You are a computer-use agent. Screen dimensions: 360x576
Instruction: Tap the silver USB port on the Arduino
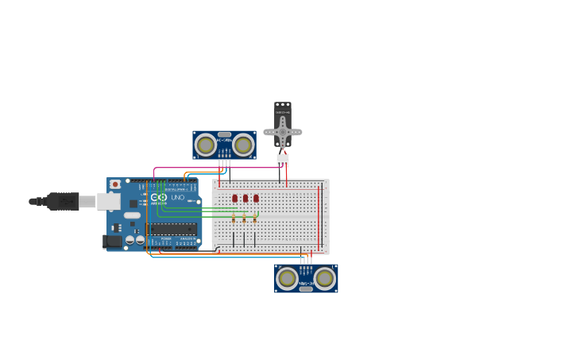109,201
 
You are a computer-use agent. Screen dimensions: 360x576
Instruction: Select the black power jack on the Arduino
112,240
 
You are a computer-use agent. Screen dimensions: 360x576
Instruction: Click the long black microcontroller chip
172,229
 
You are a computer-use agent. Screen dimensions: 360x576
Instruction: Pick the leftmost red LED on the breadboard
234,198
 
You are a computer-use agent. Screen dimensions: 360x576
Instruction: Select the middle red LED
245,198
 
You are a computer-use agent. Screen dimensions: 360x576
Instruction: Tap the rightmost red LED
256,198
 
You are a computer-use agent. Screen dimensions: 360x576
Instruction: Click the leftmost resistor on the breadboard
234,217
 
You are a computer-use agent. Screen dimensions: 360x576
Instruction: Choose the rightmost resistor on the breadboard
255,217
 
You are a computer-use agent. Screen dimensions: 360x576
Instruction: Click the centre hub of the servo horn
282,132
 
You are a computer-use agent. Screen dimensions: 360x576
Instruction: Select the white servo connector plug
282,160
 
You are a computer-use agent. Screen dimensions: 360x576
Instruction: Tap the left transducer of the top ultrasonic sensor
206,145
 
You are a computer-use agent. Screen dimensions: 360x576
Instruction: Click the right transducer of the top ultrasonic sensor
243,145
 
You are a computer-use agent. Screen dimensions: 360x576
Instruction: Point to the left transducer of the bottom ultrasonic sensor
287,278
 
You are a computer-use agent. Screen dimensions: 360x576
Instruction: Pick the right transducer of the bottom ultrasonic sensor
324,278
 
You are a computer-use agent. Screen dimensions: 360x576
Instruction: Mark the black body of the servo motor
283,111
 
